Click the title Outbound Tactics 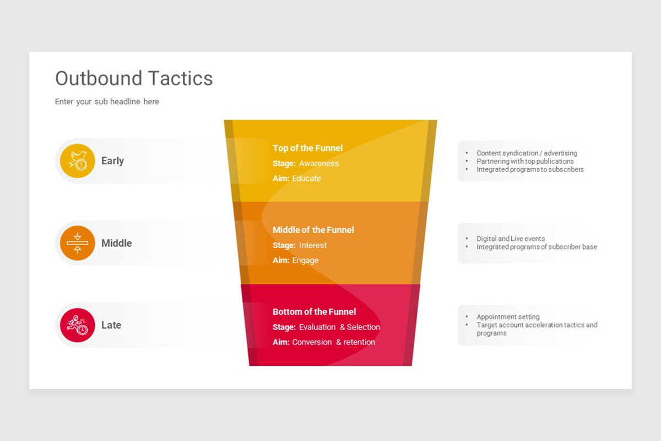tap(134, 78)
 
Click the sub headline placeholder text tap(107, 101)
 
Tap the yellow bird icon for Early tap(78, 161)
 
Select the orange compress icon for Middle tap(78, 243)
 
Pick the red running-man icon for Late tap(78, 325)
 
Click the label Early tap(112, 161)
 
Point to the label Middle tap(116, 243)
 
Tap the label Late tap(111, 325)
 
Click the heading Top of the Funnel tap(307, 148)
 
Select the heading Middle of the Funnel tap(313, 230)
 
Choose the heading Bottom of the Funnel tap(314, 311)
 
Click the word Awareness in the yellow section tap(319, 163)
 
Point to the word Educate tap(306, 179)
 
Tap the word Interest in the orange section tap(313, 245)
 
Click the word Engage tap(305, 260)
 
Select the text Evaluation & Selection tap(339, 327)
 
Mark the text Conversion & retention tap(333, 342)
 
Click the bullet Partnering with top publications tap(525, 162)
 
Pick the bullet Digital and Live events tap(511, 239)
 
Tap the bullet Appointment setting tap(508, 317)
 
